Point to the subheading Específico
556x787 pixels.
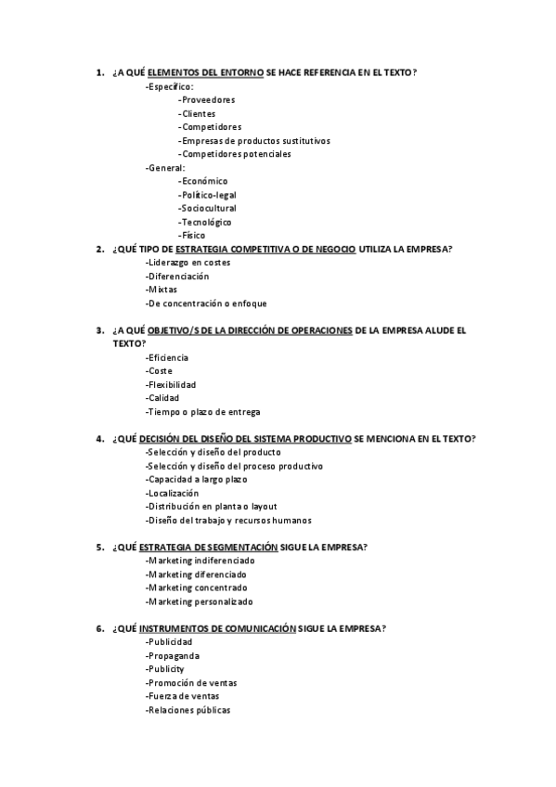[169, 86]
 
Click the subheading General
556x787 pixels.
[165, 168]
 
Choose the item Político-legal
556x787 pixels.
[209, 195]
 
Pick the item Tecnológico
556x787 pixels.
[205, 222]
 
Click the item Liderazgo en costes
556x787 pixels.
[187, 263]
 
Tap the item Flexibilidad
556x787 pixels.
[171, 384]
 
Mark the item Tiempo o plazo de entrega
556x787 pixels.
[202, 411]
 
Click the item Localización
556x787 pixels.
[172, 493]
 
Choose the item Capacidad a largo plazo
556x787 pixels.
[196, 479]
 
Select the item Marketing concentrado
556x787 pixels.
[196, 587]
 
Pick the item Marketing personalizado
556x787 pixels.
[199, 601]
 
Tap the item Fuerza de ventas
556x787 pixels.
[182, 696]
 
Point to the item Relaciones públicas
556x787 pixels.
[187, 710]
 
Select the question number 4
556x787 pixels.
[99, 438]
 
